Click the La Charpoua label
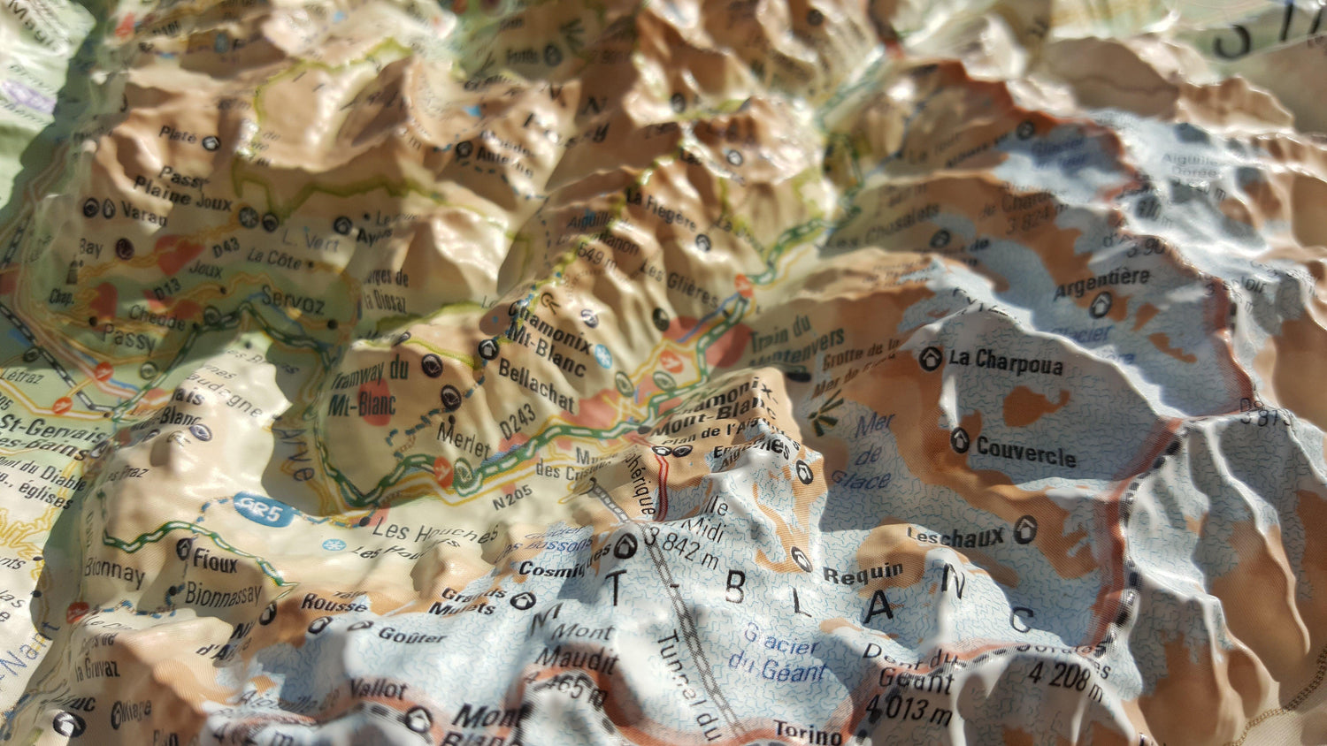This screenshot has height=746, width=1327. click(1006, 362)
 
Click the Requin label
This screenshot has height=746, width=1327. click(863, 573)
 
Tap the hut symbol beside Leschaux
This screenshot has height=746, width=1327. click(1025, 529)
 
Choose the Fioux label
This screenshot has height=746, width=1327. click(215, 558)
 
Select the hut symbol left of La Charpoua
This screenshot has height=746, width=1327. click(929, 359)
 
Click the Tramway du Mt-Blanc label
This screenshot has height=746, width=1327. click(370, 386)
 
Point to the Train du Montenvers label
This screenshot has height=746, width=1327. click(793, 340)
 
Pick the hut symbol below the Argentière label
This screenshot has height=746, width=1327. click(1101, 305)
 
